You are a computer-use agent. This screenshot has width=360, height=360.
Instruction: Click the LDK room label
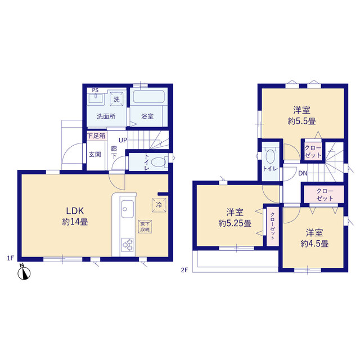(75, 210)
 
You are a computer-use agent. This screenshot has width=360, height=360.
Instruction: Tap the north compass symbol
(24, 272)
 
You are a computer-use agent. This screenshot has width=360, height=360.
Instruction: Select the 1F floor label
(10, 258)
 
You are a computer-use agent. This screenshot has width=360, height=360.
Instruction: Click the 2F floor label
(184, 270)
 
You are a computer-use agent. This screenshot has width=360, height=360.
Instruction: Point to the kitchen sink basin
(128, 209)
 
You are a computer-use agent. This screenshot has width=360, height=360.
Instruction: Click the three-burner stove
(128, 245)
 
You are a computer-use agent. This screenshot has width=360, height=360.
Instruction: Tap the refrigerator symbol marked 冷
(159, 205)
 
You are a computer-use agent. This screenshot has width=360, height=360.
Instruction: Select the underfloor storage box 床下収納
(145, 227)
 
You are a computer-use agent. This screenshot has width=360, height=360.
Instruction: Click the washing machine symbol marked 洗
(116, 99)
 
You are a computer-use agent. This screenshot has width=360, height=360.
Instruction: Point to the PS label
(95, 90)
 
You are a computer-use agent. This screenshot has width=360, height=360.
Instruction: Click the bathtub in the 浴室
(148, 97)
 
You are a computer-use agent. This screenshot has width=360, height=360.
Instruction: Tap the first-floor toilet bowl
(159, 162)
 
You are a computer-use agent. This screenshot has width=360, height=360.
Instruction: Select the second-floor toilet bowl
(271, 156)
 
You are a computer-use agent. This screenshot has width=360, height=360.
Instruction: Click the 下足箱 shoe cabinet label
(96, 136)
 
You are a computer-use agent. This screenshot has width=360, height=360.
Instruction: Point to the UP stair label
(123, 140)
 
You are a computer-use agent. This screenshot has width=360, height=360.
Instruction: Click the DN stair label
(303, 173)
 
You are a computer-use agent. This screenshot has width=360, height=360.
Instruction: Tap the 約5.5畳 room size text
(301, 121)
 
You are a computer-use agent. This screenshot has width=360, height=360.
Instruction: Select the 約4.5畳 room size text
(314, 244)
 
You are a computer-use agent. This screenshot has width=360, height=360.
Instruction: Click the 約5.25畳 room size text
(235, 223)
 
